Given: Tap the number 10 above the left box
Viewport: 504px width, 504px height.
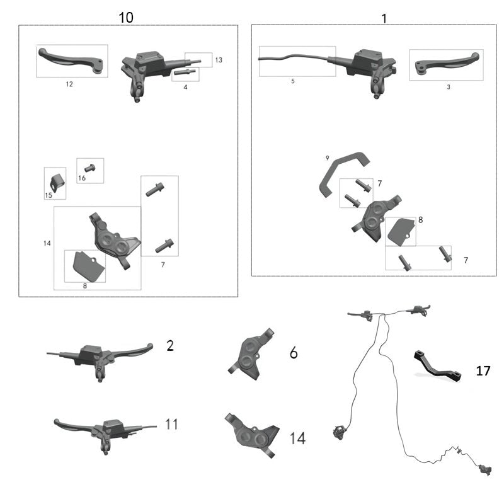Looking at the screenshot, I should [x=126, y=17].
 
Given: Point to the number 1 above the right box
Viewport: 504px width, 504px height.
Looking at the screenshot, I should [x=384, y=18].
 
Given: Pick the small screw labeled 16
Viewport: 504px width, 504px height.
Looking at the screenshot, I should [x=89, y=168].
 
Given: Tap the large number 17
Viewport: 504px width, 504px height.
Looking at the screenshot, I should [x=483, y=371].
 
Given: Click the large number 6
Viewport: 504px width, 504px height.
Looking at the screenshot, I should [x=294, y=353].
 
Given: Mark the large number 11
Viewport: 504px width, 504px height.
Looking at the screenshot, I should [x=171, y=424].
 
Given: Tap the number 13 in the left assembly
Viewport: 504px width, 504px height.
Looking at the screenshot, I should [x=219, y=60].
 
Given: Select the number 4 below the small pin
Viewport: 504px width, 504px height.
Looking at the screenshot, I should [x=185, y=86].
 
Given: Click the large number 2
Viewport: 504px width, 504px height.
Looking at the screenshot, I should [x=170, y=345].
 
